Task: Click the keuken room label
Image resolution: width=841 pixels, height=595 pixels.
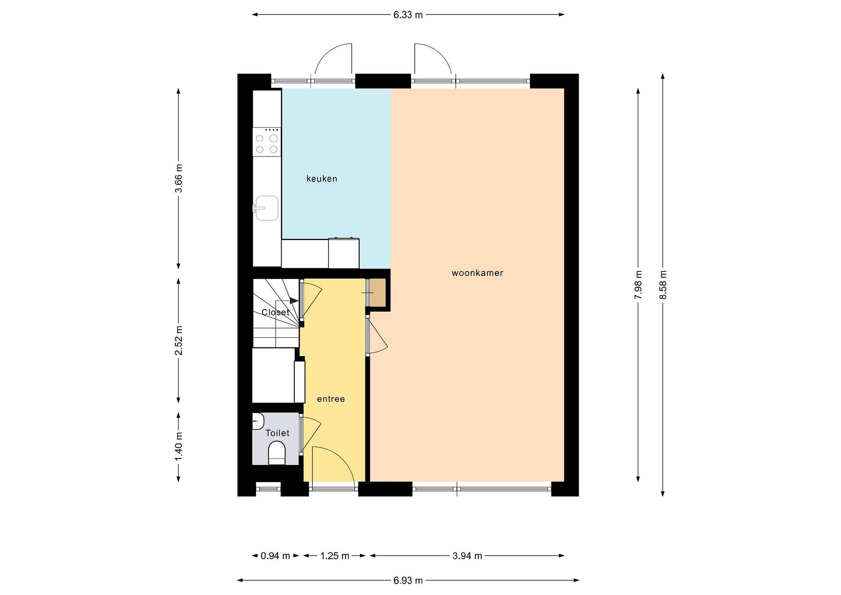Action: [322, 179]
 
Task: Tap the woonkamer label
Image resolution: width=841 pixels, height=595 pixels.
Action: [477, 273]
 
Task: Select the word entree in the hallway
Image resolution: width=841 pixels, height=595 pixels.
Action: [331, 399]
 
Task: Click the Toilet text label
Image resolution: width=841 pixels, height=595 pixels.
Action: [277, 433]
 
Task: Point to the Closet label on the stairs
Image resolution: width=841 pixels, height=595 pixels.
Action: [275, 312]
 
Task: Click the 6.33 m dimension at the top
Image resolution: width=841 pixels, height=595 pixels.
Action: [408, 15]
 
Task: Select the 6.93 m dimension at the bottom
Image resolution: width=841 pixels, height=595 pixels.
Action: [408, 581]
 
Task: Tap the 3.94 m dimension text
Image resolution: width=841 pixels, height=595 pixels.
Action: [467, 556]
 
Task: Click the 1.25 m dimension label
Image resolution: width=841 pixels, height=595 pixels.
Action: [335, 556]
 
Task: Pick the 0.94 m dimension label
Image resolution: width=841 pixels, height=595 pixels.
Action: [275, 556]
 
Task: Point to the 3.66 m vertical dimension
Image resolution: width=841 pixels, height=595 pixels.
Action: [178, 178]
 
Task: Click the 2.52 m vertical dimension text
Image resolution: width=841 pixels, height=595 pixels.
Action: [178, 340]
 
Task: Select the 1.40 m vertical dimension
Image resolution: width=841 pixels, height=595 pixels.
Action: [178, 447]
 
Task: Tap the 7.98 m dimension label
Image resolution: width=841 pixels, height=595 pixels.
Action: [638, 285]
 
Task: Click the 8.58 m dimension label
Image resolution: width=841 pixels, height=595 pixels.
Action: [663, 285]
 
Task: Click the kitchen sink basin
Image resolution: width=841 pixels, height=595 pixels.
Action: [266, 208]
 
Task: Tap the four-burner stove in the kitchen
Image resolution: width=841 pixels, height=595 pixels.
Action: [267, 142]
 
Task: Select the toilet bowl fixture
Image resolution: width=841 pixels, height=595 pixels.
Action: [277, 454]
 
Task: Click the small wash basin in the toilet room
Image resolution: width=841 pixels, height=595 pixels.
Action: [258, 421]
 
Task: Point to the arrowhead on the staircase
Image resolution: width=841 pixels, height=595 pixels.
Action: [294, 301]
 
